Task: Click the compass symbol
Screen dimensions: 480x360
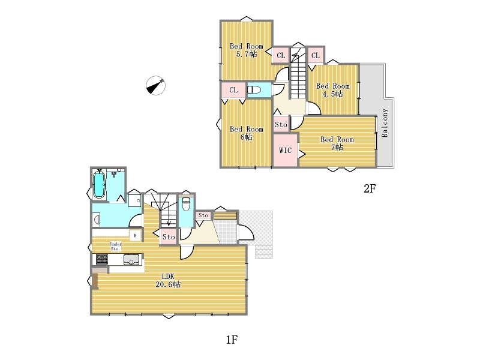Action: [x=156, y=85]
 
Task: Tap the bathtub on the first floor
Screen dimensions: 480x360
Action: [x=99, y=185]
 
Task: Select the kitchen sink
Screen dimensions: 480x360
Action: [x=131, y=260]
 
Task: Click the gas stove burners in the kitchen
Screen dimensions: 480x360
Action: [x=102, y=259]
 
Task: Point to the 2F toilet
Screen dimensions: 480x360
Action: [x=254, y=89]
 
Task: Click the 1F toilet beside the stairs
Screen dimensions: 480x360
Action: [x=186, y=204]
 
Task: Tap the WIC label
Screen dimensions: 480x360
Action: [x=285, y=151]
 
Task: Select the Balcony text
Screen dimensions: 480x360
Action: [x=385, y=123]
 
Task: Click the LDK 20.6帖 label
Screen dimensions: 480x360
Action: [x=168, y=280]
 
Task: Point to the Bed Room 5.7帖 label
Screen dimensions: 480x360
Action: [x=247, y=50]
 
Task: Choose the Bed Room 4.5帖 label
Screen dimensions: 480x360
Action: [x=333, y=89]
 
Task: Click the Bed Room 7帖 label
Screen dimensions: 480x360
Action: [x=337, y=143]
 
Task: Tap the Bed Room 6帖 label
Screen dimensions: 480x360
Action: [x=247, y=133]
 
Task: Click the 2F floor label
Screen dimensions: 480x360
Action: [x=370, y=188]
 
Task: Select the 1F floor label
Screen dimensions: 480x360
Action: [x=232, y=340]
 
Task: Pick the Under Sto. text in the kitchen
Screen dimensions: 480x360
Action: [x=115, y=247]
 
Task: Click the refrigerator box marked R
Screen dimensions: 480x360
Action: [x=135, y=236]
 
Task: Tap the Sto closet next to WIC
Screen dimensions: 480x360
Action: [x=281, y=125]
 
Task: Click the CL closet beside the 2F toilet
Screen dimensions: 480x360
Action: [x=233, y=90]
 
